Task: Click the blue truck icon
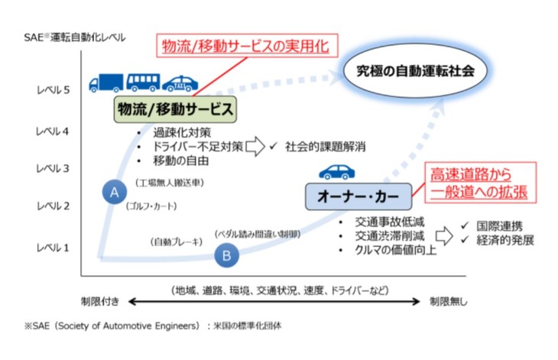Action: [x=105, y=82]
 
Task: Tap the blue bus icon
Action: [x=142, y=82]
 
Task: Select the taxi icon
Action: [x=178, y=82]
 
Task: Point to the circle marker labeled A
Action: [x=114, y=193]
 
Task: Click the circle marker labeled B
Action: [x=226, y=256]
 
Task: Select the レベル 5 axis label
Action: [x=53, y=89]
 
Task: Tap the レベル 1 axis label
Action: [x=53, y=247]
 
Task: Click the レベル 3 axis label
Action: [x=53, y=168]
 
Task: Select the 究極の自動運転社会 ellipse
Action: [x=416, y=70]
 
